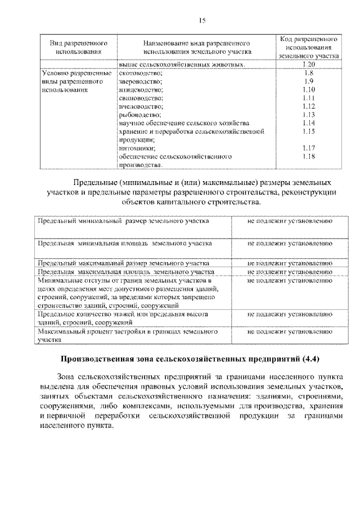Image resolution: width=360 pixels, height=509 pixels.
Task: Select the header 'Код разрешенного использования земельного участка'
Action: (x=308, y=48)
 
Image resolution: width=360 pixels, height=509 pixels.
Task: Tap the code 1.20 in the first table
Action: (x=308, y=65)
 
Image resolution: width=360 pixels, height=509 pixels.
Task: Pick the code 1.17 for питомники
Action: (x=308, y=148)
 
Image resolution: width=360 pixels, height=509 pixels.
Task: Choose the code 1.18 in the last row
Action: (x=308, y=156)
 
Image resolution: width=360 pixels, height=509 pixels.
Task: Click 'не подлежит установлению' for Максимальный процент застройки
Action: (x=289, y=332)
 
